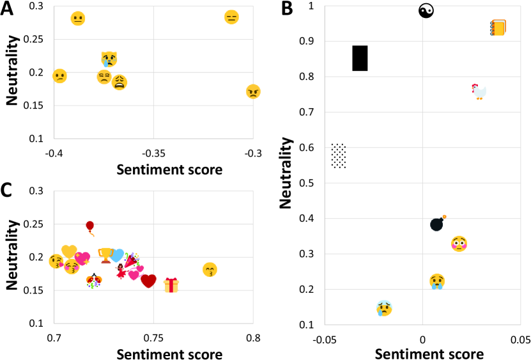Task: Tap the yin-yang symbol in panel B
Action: tap(426, 10)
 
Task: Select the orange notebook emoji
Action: tap(498, 27)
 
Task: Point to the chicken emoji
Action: tap(479, 91)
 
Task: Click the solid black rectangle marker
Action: tap(360, 58)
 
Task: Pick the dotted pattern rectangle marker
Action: tap(339, 155)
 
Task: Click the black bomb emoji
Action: tap(438, 224)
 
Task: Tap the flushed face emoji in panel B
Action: tap(459, 244)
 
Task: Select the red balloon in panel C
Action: tap(90, 227)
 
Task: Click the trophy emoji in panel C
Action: tap(105, 256)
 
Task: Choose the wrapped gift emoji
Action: tap(171, 285)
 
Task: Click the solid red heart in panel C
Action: tap(149, 281)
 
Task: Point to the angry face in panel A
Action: tap(253, 91)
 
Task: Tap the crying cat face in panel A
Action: tap(109, 59)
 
